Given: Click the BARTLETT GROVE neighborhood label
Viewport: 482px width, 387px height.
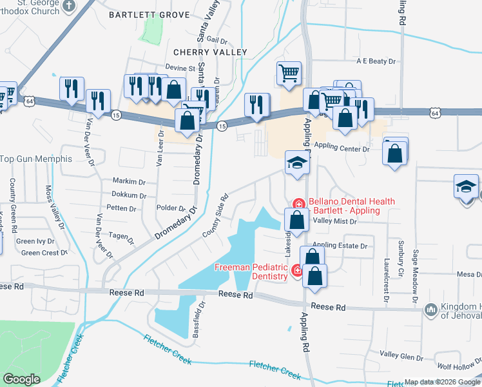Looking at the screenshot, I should (x=149, y=14).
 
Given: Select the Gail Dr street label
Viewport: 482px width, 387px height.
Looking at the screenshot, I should (x=218, y=39).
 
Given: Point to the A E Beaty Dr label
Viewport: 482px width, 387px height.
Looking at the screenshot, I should (x=375, y=61).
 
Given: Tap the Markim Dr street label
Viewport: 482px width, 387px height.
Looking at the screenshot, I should (x=129, y=181).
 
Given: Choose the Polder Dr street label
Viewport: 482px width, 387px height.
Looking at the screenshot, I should (x=171, y=208).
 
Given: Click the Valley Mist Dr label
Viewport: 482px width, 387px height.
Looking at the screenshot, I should (x=334, y=221).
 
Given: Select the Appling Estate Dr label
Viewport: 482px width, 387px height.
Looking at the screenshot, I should (x=340, y=246).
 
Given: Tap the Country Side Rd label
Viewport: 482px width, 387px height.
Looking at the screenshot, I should (x=215, y=215).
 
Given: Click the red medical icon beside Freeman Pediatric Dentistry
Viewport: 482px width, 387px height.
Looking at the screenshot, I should (x=297, y=271).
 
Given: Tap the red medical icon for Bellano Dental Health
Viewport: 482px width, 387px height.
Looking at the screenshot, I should (x=298, y=203).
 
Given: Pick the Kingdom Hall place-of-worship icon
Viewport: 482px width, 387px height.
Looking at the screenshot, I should (x=430, y=311).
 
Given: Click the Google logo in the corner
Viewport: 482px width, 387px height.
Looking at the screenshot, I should (x=22, y=379).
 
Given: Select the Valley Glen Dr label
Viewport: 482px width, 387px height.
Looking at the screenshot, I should (x=401, y=355).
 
